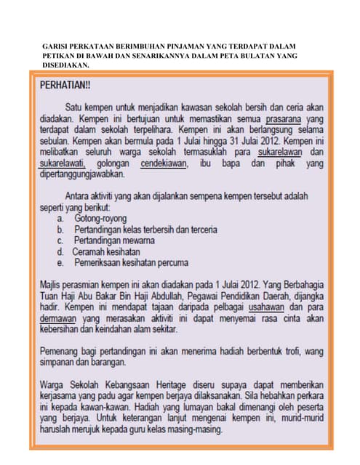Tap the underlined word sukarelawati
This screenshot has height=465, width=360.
[x=62, y=163]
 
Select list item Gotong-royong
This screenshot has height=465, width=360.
[x=100, y=218]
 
